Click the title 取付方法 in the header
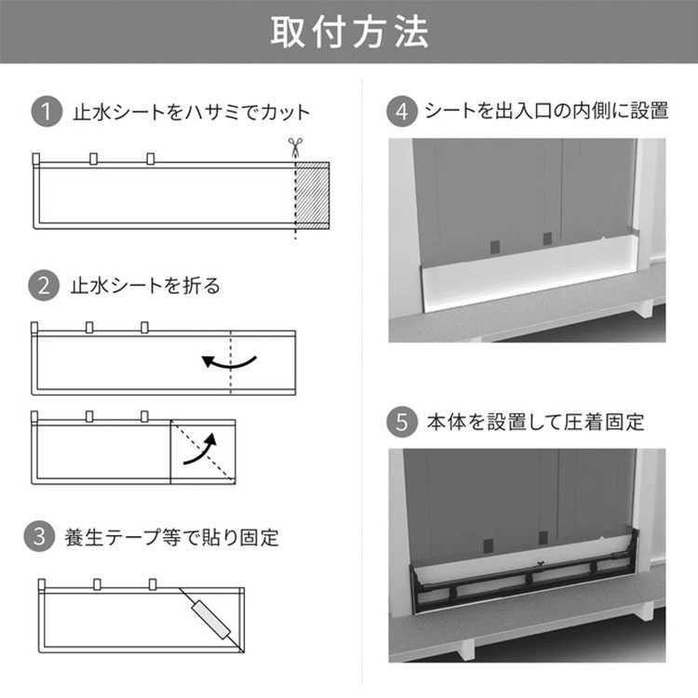[x=349, y=32]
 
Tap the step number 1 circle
[x=44, y=114]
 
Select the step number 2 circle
[x=44, y=286]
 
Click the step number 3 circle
[x=44, y=537]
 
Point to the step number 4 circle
[x=402, y=112]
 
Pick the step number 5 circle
[x=402, y=422]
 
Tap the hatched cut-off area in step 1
[x=312, y=195]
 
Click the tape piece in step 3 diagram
[x=210, y=617]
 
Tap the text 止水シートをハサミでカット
[x=191, y=114]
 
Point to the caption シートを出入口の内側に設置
[x=546, y=112]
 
